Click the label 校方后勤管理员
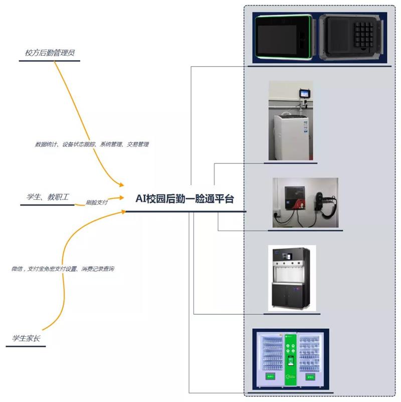pyautogui.click(x=50, y=53)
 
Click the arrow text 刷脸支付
pyautogui.click(x=97, y=203)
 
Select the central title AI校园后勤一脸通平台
pyautogui.click(x=184, y=198)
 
